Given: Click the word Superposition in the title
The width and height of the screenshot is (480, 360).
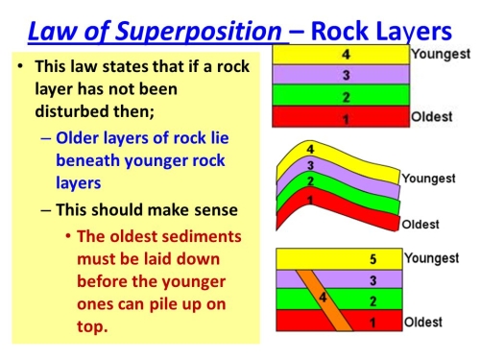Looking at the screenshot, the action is tap(199, 32).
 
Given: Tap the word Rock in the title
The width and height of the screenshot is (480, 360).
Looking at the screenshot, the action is tap(340, 31).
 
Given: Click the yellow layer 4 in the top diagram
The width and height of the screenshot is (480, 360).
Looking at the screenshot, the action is tap(341, 55).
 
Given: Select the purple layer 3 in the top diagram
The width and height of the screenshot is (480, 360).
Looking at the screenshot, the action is tap(341, 75).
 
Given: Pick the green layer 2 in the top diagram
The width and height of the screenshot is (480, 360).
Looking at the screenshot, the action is tap(341, 95).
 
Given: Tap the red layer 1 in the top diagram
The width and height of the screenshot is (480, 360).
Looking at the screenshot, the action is tap(341, 116).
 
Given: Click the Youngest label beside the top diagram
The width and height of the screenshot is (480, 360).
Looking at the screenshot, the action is tap(441, 55).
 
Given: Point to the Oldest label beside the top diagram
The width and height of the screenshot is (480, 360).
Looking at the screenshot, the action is tap(432, 117).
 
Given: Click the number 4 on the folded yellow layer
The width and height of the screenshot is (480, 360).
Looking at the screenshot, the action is tap(310, 149).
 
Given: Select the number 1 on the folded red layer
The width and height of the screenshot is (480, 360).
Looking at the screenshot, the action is tap(310, 200).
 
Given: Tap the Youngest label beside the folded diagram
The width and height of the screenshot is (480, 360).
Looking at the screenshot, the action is tap(428, 179).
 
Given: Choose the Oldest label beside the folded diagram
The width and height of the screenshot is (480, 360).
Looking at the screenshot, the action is tap(420, 225).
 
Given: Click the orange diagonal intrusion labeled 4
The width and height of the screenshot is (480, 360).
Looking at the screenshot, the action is tap(324, 300).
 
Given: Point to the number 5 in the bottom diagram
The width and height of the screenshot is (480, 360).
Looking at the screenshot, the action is tap(373, 259).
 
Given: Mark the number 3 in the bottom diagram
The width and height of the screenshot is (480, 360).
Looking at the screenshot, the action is tap(373, 280).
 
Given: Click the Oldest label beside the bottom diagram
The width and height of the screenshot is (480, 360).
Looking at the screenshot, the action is tap(423, 322).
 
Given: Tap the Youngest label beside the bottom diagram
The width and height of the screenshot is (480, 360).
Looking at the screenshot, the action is tap(431, 258).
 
